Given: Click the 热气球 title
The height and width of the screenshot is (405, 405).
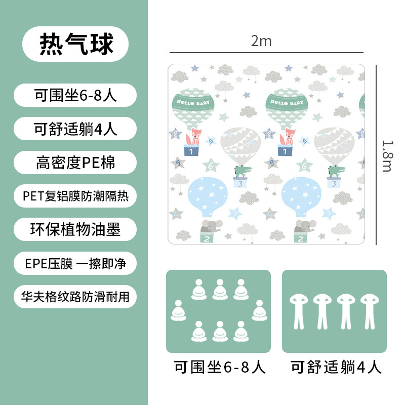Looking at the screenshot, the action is pos(75,44).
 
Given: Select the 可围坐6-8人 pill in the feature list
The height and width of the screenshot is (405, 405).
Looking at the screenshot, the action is pos(75,95).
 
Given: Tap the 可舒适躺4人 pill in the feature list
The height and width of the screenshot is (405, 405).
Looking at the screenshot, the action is pos(75,129).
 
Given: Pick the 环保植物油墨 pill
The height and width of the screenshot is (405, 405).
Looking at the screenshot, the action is pos(75,229).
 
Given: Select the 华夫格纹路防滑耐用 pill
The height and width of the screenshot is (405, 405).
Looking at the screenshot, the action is pos(75,297).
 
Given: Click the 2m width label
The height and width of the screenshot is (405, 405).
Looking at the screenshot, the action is pos(261,41).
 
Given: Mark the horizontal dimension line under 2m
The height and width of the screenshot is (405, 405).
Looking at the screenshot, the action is pos(266,53).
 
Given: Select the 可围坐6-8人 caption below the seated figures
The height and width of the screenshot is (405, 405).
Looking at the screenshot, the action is pos(219,367).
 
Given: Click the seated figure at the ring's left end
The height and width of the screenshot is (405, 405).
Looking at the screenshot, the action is pos(178,311).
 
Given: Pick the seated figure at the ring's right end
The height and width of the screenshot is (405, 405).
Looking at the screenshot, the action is pos(259,311).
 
